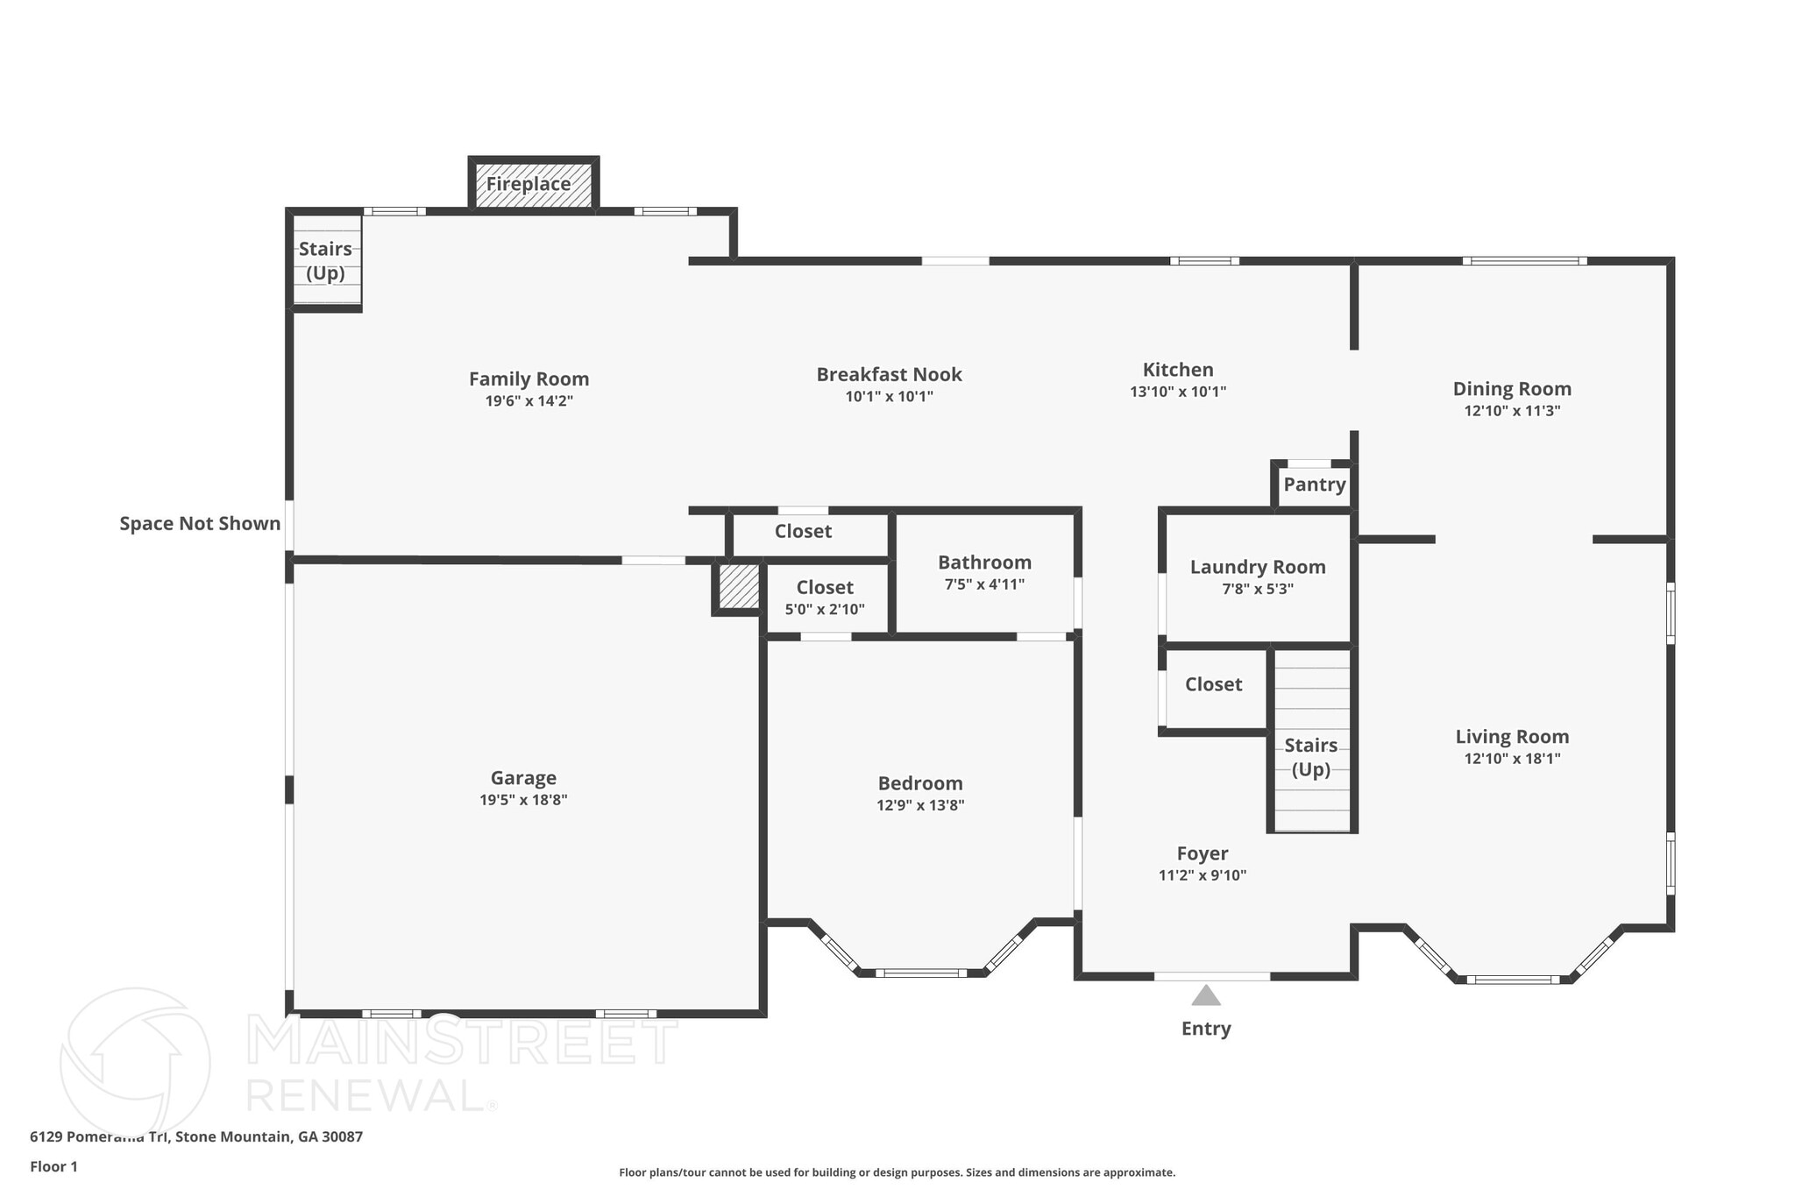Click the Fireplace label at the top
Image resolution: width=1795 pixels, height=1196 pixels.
(x=529, y=184)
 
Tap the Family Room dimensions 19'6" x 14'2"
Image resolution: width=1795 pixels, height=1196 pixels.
(x=529, y=401)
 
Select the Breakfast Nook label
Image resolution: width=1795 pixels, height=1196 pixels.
(x=889, y=375)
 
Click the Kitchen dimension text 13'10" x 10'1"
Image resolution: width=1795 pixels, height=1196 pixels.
(x=1177, y=392)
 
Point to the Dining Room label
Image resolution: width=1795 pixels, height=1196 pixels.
(x=1512, y=389)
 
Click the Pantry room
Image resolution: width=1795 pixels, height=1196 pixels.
(x=1314, y=485)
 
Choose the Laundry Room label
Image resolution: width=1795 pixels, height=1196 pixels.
(x=1257, y=567)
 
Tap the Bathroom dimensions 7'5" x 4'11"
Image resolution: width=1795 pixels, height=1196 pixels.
(x=984, y=584)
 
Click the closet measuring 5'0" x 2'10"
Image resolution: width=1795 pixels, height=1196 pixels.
(x=824, y=597)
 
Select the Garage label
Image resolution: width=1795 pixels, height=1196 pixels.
(x=523, y=778)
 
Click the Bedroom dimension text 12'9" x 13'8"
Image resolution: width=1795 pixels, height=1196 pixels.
(x=920, y=805)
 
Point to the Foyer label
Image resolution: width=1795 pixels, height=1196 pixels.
(x=1202, y=853)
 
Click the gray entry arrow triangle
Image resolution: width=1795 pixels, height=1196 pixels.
(x=1206, y=996)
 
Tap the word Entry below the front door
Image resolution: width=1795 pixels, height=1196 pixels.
(x=1206, y=1029)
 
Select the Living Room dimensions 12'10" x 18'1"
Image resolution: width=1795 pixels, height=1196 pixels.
(x=1512, y=759)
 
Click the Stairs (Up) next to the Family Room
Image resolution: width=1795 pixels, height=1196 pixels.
(x=325, y=260)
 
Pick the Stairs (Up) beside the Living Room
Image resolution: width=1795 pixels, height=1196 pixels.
(x=1310, y=757)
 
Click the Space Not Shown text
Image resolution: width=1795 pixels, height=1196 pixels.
(x=200, y=524)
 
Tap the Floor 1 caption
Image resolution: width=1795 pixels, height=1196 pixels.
(x=53, y=1166)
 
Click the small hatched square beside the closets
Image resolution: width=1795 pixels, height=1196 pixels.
(x=738, y=586)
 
